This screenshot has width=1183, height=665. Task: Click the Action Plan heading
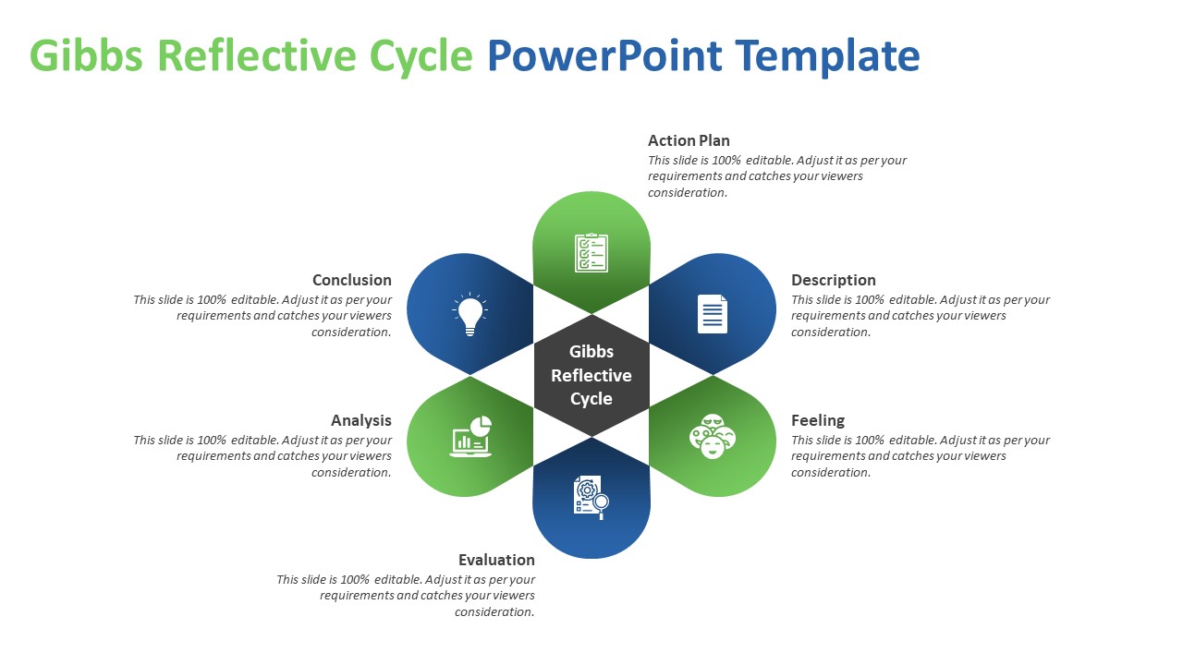point(689,140)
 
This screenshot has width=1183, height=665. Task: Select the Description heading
point(833,280)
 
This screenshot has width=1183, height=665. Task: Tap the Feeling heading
point(817,420)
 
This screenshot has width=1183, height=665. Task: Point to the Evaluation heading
point(496,560)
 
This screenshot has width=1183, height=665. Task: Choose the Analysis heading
point(360,420)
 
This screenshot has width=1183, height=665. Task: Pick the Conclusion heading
point(351,280)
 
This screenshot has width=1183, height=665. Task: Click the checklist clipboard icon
point(591,252)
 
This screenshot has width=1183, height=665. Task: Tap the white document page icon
point(712,314)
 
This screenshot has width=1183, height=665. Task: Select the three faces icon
point(712,436)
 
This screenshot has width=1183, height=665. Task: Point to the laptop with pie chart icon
point(471,436)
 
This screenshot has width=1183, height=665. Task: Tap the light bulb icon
point(470,314)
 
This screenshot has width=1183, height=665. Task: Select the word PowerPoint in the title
point(604,56)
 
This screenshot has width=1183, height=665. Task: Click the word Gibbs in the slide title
point(87,56)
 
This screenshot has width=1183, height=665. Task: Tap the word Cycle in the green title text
point(421,56)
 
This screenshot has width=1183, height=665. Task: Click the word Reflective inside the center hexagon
point(591,375)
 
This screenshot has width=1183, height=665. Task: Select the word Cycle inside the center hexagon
point(591,399)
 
